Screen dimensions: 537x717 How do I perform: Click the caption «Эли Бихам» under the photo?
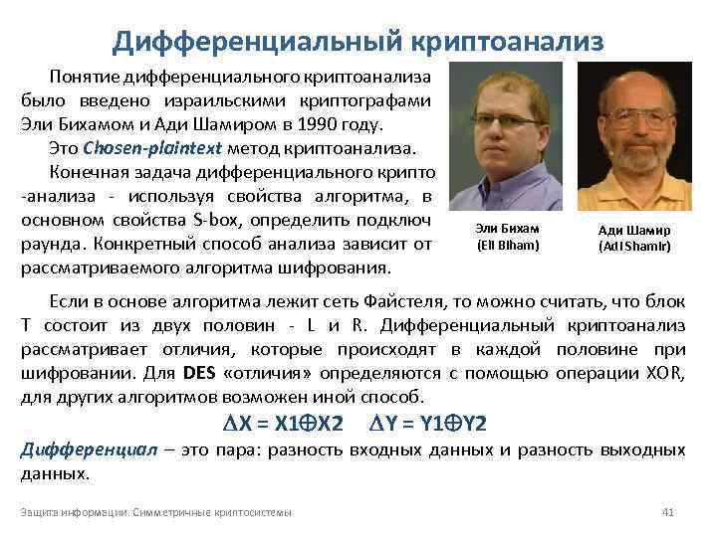click(x=508, y=229)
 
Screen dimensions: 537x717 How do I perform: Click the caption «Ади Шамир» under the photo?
click(x=634, y=230)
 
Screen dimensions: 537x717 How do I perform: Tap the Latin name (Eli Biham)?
click(x=508, y=245)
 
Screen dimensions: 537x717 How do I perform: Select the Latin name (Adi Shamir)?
click(x=634, y=246)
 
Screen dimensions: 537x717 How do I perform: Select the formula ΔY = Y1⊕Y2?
click(x=428, y=424)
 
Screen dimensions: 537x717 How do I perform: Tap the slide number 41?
click(x=668, y=512)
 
